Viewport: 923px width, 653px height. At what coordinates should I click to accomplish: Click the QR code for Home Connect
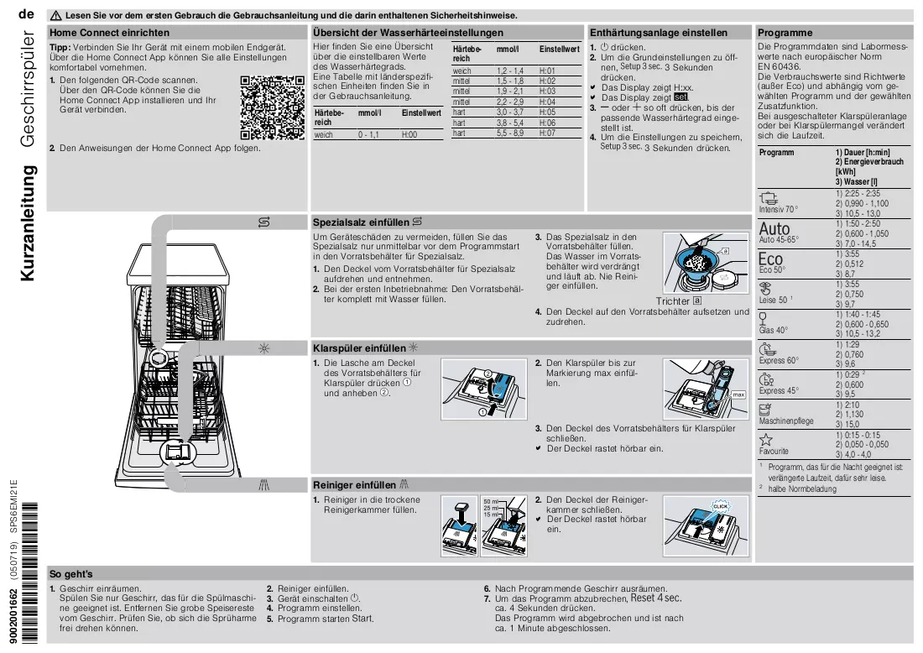click(x=273, y=107)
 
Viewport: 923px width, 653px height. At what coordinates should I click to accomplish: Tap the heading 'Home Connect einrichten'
click(x=109, y=33)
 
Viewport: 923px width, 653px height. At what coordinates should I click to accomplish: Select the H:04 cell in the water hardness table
click(x=547, y=102)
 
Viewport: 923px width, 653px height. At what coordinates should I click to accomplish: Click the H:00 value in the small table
click(x=409, y=135)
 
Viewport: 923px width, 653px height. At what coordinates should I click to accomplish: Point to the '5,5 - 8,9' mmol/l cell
click(x=510, y=133)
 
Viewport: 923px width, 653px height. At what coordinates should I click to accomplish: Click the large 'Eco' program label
click(x=770, y=259)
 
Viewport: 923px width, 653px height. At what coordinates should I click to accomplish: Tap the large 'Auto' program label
click(x=774, y=228)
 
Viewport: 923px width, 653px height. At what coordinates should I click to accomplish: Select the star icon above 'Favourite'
click(x=766, y=440)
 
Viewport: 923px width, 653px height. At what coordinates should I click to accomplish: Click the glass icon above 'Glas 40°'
click(x=763, y=319)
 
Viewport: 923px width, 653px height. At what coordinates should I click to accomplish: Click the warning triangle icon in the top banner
click(x=56, y=16)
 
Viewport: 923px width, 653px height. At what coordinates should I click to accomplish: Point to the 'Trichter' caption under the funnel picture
click(x=673, y=300)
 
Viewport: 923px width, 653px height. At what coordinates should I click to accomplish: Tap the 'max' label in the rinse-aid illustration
click(x=738, y=394)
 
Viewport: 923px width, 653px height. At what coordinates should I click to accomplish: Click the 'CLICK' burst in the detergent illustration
click(x=721, y=506)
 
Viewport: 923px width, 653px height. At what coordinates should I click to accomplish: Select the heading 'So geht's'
click(x=71, y=574)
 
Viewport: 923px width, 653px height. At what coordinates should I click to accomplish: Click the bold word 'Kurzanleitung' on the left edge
click(x=28, y=222)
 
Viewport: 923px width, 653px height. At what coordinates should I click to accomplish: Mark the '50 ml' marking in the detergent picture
click(x=490, y=502)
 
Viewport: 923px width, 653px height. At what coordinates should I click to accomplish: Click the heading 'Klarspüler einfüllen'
click(x=359, y=348)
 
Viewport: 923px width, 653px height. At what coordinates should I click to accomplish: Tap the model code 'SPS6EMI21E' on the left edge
click(x=14, y=507)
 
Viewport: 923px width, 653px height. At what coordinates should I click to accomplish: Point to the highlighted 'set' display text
click(x=681, y=97)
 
